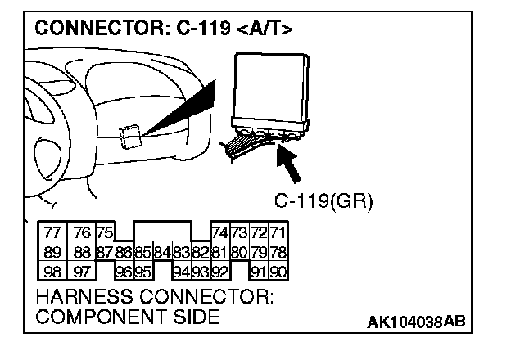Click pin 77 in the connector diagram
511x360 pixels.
(53, 232)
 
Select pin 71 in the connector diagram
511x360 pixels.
(278, 232)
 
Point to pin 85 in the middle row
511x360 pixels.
(142, 252)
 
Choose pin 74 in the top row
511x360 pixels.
(220, 232)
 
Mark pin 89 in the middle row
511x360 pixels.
(53, 252)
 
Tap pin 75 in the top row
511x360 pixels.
(103, 232)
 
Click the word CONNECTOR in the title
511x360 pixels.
(87, 29)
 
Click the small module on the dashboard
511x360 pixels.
(128, 136)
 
